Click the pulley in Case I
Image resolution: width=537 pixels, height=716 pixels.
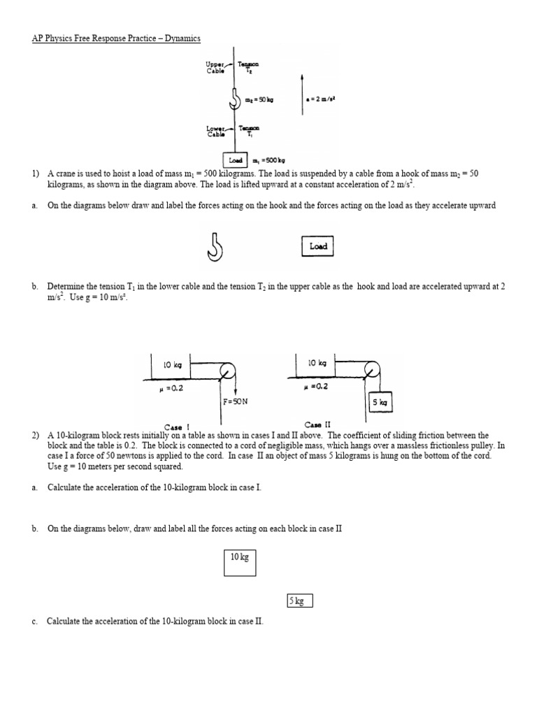[x=227, y=371]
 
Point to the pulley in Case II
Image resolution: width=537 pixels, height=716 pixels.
[x=372, y=370]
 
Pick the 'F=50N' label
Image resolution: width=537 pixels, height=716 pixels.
[x=236, y=402]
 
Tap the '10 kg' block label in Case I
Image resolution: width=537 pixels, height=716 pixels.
[x=171, y=365]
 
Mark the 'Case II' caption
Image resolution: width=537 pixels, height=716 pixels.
[x=317, y=424]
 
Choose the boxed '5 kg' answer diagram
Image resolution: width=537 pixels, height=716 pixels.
[x=299, y=601]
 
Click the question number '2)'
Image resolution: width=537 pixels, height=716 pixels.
[x=35, y=435]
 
